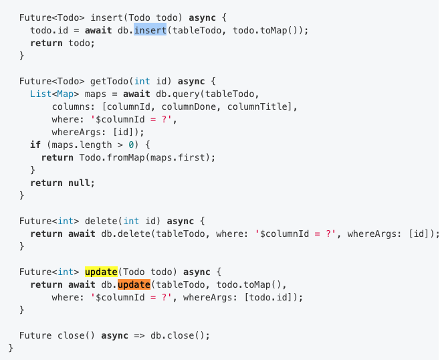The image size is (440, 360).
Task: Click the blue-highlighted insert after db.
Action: (150, 31)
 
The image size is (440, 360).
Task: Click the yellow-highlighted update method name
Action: (101, 272)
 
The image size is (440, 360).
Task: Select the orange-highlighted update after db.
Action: (134, 284)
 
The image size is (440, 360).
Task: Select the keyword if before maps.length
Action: (35, 145)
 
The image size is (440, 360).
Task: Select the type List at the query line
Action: (41, 94)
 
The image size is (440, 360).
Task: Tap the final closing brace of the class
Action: (10, 348)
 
